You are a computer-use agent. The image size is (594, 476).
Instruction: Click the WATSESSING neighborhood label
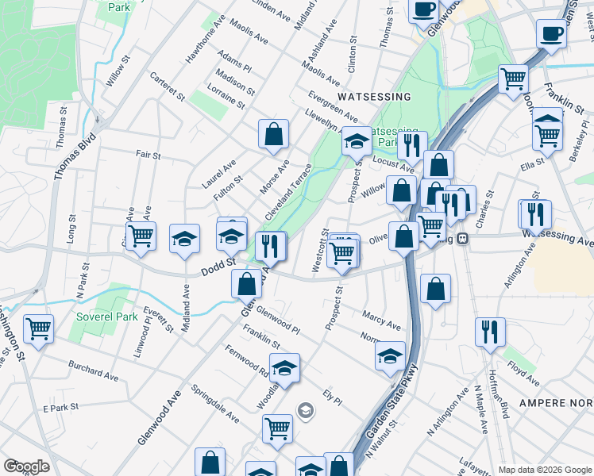tap(373, 96)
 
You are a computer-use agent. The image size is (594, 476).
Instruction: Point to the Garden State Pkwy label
tap(391, 411)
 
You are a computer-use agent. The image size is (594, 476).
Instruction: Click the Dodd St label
tap(220, 262)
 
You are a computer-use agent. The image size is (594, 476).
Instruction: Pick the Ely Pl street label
tap(332, 396)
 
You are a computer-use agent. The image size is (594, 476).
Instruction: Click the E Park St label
tap(62, 408)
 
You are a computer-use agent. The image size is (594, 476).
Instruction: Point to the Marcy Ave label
tap(381, 319)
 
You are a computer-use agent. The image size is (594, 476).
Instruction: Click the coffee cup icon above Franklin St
tap(550, 33)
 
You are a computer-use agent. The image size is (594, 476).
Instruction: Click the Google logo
tap(26, 466)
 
